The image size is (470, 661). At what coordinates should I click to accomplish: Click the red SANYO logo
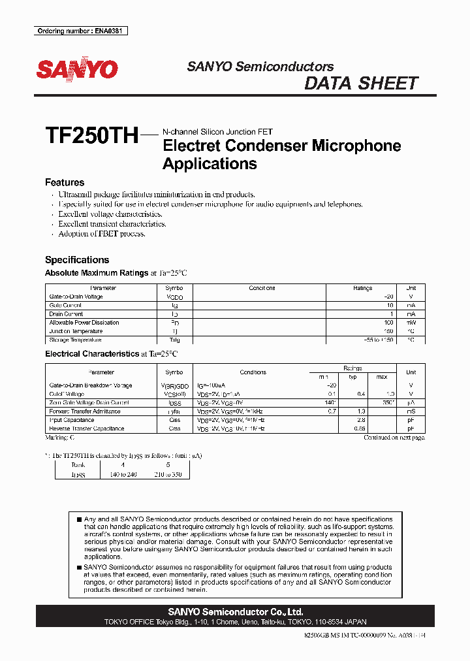[77, 69]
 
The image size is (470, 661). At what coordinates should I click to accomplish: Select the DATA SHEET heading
[361, 84]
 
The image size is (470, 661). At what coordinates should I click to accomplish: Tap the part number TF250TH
[91, 136]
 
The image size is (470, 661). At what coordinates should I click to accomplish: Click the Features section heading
[65, 183]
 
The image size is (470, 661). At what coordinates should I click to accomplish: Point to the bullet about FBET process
[102, 234]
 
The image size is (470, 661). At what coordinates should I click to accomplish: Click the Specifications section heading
[77, 260]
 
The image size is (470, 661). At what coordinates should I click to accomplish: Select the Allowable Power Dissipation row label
[84, 323]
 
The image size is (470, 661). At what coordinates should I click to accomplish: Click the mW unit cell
[411, 323]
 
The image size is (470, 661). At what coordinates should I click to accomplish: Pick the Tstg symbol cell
[174, 340]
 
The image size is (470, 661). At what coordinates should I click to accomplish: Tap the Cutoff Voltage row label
[67, 394]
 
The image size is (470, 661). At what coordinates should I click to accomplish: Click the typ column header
[353, 378]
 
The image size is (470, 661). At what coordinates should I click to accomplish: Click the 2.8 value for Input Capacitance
[360, 420]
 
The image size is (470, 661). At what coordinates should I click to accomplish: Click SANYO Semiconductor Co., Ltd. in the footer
[235, 612]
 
